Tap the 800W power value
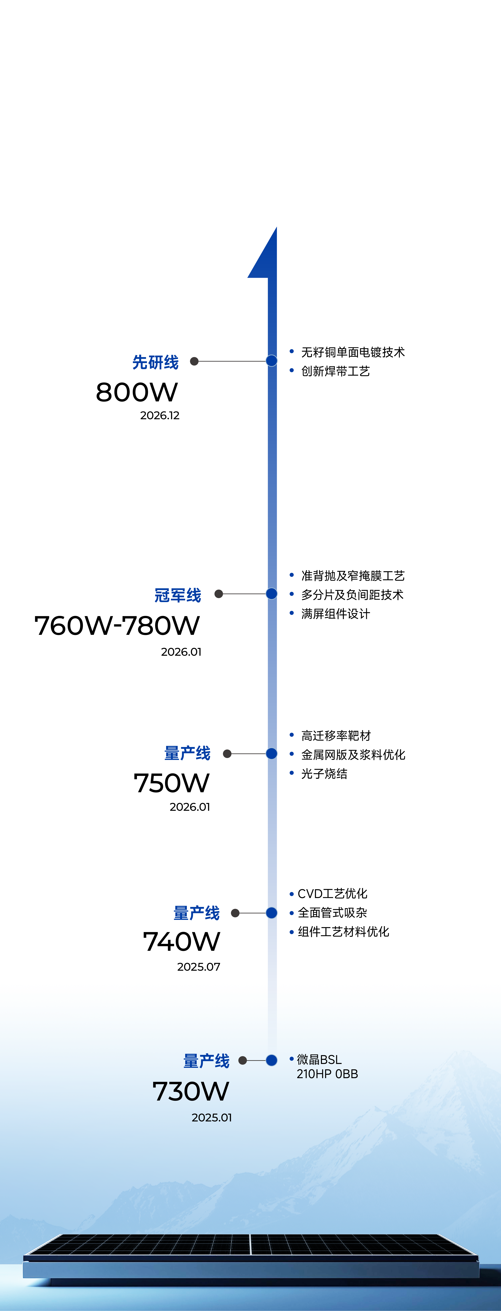point(137,392)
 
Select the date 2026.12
point(160,415)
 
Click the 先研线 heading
point(156,362)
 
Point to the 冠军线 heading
point(178,595)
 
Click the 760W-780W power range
point(117,626)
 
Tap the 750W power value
point(171,783)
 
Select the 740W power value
point(182,941)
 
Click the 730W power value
point(191,1091)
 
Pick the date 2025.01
point(212,1118)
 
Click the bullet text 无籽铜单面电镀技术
point(353,352)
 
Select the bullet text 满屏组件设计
point(336,614)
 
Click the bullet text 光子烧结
point(324,774)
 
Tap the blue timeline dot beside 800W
point(272,361)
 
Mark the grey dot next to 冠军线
point(219,594)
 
